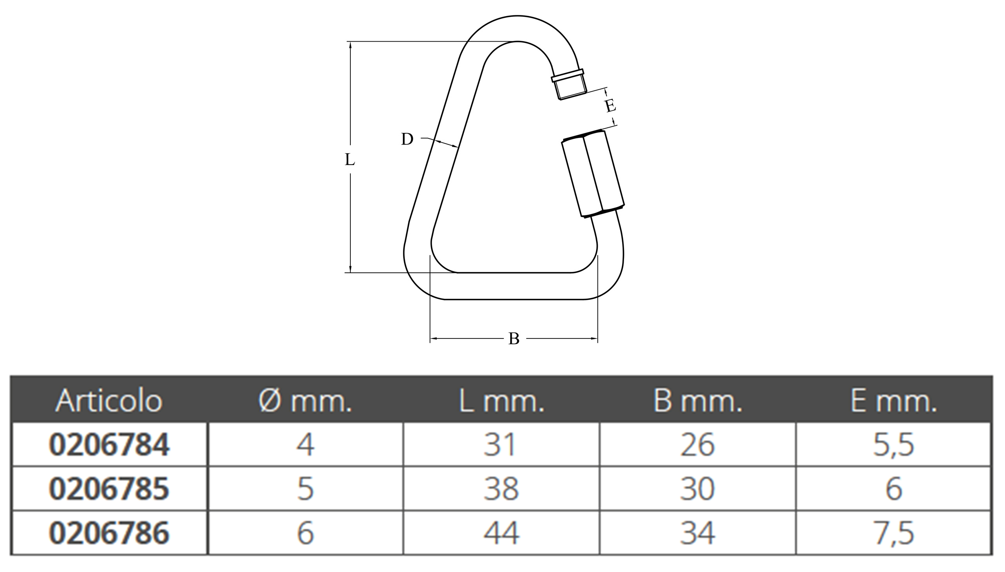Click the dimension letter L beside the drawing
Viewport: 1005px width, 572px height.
click(x=350, y=160)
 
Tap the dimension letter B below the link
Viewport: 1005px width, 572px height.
click(x=514, y=338)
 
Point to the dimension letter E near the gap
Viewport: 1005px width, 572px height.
click(x=610, y=106)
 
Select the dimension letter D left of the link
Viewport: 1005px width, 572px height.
click(x=407, y=139)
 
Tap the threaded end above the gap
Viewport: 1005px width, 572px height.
click(x=569, y=84)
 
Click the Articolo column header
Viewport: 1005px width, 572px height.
click(x=109, y=401)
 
